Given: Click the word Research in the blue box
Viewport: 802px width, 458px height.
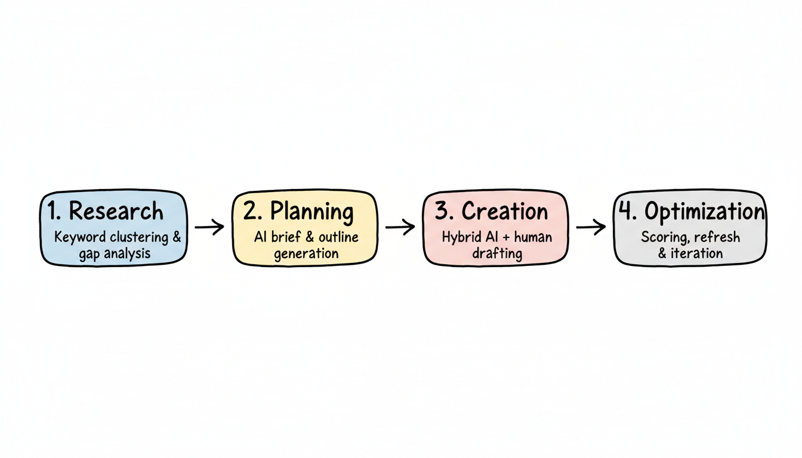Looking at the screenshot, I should [116, 211].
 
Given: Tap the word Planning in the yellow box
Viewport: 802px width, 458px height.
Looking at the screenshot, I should [311, 211].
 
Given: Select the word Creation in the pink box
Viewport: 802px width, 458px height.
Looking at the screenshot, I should [504, 211].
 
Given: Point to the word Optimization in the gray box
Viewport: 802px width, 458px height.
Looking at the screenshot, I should [705, 212].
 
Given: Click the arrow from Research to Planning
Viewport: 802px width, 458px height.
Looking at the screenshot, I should [209, 227].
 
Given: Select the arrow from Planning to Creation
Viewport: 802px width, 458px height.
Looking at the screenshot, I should [400, 227].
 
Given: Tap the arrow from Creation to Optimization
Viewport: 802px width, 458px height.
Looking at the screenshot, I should [591, 227].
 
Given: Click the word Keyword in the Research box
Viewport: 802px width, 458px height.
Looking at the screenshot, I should [78, 237].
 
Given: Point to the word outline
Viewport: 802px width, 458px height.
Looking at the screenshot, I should [338, 237].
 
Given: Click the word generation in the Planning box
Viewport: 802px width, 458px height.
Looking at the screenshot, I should [306, 253].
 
